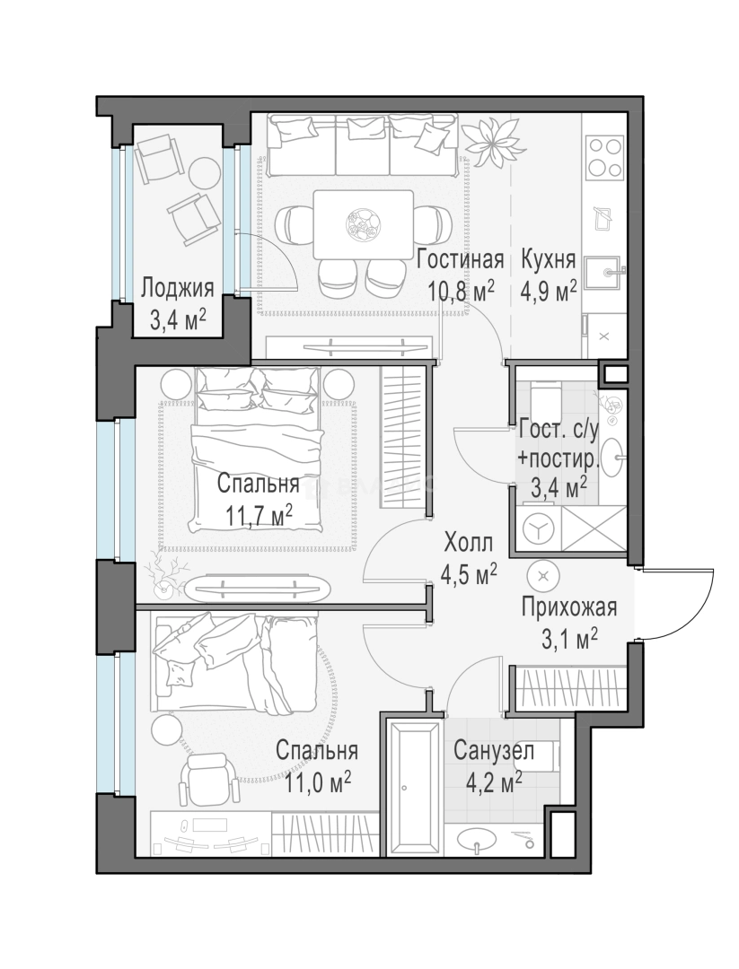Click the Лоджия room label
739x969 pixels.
coord(178,289)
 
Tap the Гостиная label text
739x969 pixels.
coord(460,259)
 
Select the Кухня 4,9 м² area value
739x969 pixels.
coord(549,290)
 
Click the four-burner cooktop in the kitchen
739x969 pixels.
coord(603,157)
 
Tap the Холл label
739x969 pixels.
coord(469,545)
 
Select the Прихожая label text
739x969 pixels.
coord(569,607)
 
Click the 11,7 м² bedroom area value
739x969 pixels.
coord(259,514)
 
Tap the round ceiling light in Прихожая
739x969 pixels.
coord(543,576)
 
